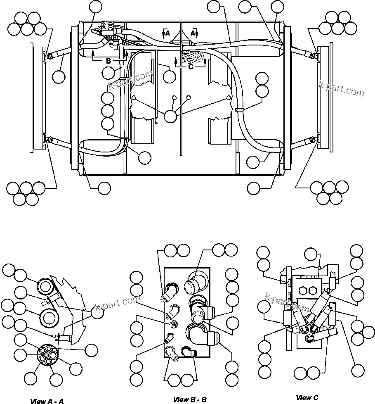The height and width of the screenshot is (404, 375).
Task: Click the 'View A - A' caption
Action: pyautogui.click(x=47, y=401)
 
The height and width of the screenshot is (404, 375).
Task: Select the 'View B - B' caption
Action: pyautogui.click(x=190, y=399)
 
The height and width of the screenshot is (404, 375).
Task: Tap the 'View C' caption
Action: pyautogui.click(x=307, y=398)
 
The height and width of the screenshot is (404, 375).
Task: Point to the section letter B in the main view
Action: pyautogui.click(x=108, y=61)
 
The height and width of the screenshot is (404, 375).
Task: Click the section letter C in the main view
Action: pyautogui.click(x=191, y=67)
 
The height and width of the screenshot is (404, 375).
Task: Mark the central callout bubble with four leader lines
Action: pyautogui.click(x=170, y=116)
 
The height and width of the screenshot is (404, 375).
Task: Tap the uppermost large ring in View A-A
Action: pyautogui.click(x=45, y=286)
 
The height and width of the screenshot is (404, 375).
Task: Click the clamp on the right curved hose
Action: pyautogui.click(x=239, y=110)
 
